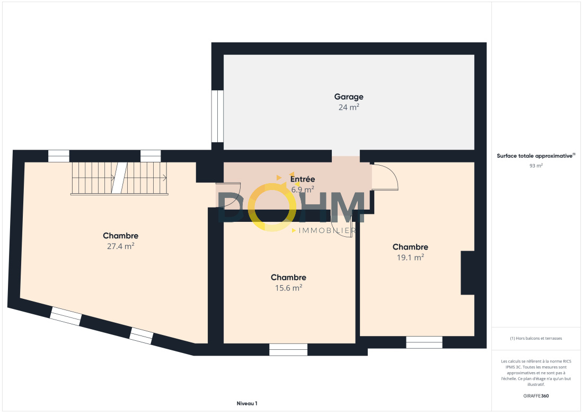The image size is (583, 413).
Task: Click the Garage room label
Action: (x=349, y=97)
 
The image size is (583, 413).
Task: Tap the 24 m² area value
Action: (x=349, y=107)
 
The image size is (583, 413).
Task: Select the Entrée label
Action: (x=303, y=179)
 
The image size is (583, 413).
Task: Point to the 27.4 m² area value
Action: (x=120, y=246)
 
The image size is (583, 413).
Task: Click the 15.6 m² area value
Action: (x=288, y=288)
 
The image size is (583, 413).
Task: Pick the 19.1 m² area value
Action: (x=410, y=257)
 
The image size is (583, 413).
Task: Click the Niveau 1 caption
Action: (x=247, y=403)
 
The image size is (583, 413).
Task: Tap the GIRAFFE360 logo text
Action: (x=536, y=396)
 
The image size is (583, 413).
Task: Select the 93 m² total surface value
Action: (x=536, y=166)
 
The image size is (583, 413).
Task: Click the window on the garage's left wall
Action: (x=217, y=116)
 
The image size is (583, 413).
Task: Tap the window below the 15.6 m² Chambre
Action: (x=288, y=350)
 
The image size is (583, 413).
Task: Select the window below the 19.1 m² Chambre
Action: (x=424, y=342)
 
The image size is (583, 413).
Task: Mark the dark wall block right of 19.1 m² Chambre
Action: (x=468, y=273)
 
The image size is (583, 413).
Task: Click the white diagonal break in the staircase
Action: (x=120, y=178)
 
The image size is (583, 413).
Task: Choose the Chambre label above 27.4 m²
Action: (x=120, y=236)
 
